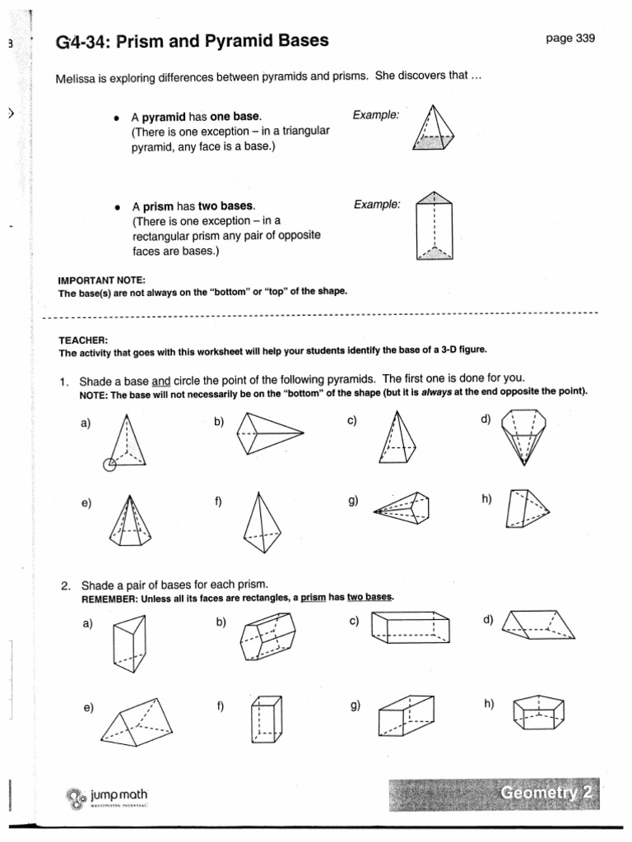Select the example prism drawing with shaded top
pyautogui.click(x=434, y=225)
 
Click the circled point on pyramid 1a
pyautogui.click(x=110, y=465)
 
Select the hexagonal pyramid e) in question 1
pyautogui.click(x=129, y=520)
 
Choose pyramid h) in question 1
pyautogui.click(x=523, y=510)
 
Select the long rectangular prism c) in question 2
pyautogui.click(x=410, y=629)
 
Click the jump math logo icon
pyautogui.click(x=77, y=798)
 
